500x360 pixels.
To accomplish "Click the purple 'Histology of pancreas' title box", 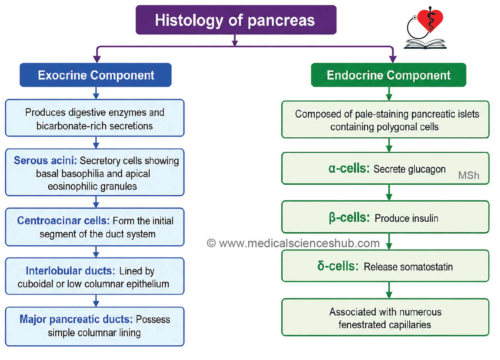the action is [236, 20].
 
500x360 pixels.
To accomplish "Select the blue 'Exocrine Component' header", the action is [96, 75].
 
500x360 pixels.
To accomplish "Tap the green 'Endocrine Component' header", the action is [388, 75].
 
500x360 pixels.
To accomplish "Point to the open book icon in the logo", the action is [425, 44].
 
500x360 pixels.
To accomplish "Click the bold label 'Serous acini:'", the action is [45, 160].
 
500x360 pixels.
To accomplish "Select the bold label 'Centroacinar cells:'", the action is [63, 221].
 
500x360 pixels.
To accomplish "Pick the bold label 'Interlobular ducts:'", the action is [70, 271].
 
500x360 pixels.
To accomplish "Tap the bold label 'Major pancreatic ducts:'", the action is [76, 319].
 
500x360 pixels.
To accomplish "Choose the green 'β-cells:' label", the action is [349, 218].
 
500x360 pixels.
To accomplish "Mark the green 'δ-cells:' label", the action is [338, 266].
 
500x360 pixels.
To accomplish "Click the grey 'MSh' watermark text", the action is [468, 175].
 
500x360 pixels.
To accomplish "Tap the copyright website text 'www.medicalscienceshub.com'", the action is [299, 243].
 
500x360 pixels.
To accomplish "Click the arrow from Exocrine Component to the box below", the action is [96, 93].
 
